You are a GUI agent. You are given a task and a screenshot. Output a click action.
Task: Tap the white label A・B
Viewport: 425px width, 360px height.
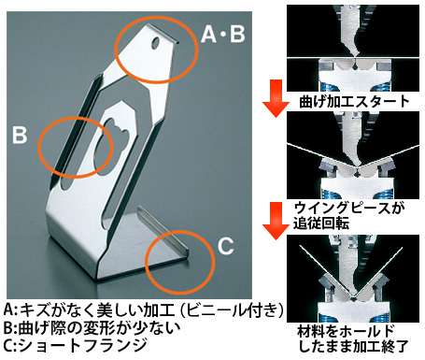pyautogui.click(x=223, y=34)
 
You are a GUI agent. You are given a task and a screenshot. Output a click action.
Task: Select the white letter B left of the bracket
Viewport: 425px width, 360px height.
pyautogui.click(x=20, y=135)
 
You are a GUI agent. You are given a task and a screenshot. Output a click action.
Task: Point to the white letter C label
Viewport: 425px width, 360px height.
pyautogui.click(x=226, y=246)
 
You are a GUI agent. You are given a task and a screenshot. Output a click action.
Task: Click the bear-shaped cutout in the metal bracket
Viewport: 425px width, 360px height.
pyautogui.click(x=111, y=138)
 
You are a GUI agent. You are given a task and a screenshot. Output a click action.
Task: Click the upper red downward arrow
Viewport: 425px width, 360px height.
pyautogui.click(x=276, y=97)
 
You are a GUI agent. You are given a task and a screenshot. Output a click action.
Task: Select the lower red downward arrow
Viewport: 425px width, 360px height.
pyautogui.click(x=276, y=221)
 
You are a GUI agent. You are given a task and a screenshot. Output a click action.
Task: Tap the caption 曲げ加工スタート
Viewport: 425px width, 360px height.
pyautogui.click(x=354, y=102)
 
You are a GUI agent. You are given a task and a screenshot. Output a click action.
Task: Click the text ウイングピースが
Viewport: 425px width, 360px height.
pyautogui.click(x=349, y=208)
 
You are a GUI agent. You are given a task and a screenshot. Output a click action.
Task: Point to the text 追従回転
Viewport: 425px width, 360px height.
pyautogui.click(x=321, y=223)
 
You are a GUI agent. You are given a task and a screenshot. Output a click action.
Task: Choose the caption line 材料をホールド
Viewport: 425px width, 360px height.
pyautogui.click(x=346, y=331)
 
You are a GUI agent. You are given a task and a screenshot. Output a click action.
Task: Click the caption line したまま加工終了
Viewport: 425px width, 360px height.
pyautogui.click(x=353, y=346)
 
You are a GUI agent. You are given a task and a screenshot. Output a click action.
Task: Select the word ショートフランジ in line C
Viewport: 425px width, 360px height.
pyautogui.click(x=83, y=345)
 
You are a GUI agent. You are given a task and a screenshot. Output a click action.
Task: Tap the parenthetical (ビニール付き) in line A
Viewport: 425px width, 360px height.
pyautogui.click(x=233, y=310)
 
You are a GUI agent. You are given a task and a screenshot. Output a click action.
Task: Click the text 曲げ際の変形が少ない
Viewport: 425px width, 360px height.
pyautogui.click(x=99, y=327)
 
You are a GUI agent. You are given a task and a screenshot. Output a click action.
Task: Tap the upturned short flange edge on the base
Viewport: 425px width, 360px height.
pyautogui.click(x=163, y=228)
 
